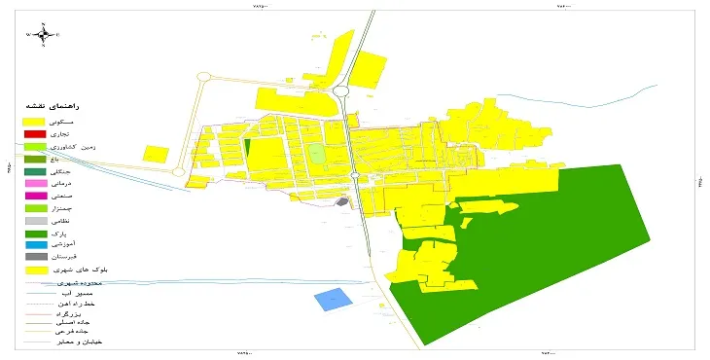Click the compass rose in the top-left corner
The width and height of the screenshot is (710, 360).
click(45, 35)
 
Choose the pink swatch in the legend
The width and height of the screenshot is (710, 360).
click(35, 183)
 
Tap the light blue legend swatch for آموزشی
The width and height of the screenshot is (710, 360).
click(35, 244)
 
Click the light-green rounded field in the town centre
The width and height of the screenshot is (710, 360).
click(316, 154)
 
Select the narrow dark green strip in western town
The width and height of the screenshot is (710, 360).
click(247, 152)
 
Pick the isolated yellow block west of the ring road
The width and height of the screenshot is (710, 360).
click(156, 154)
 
